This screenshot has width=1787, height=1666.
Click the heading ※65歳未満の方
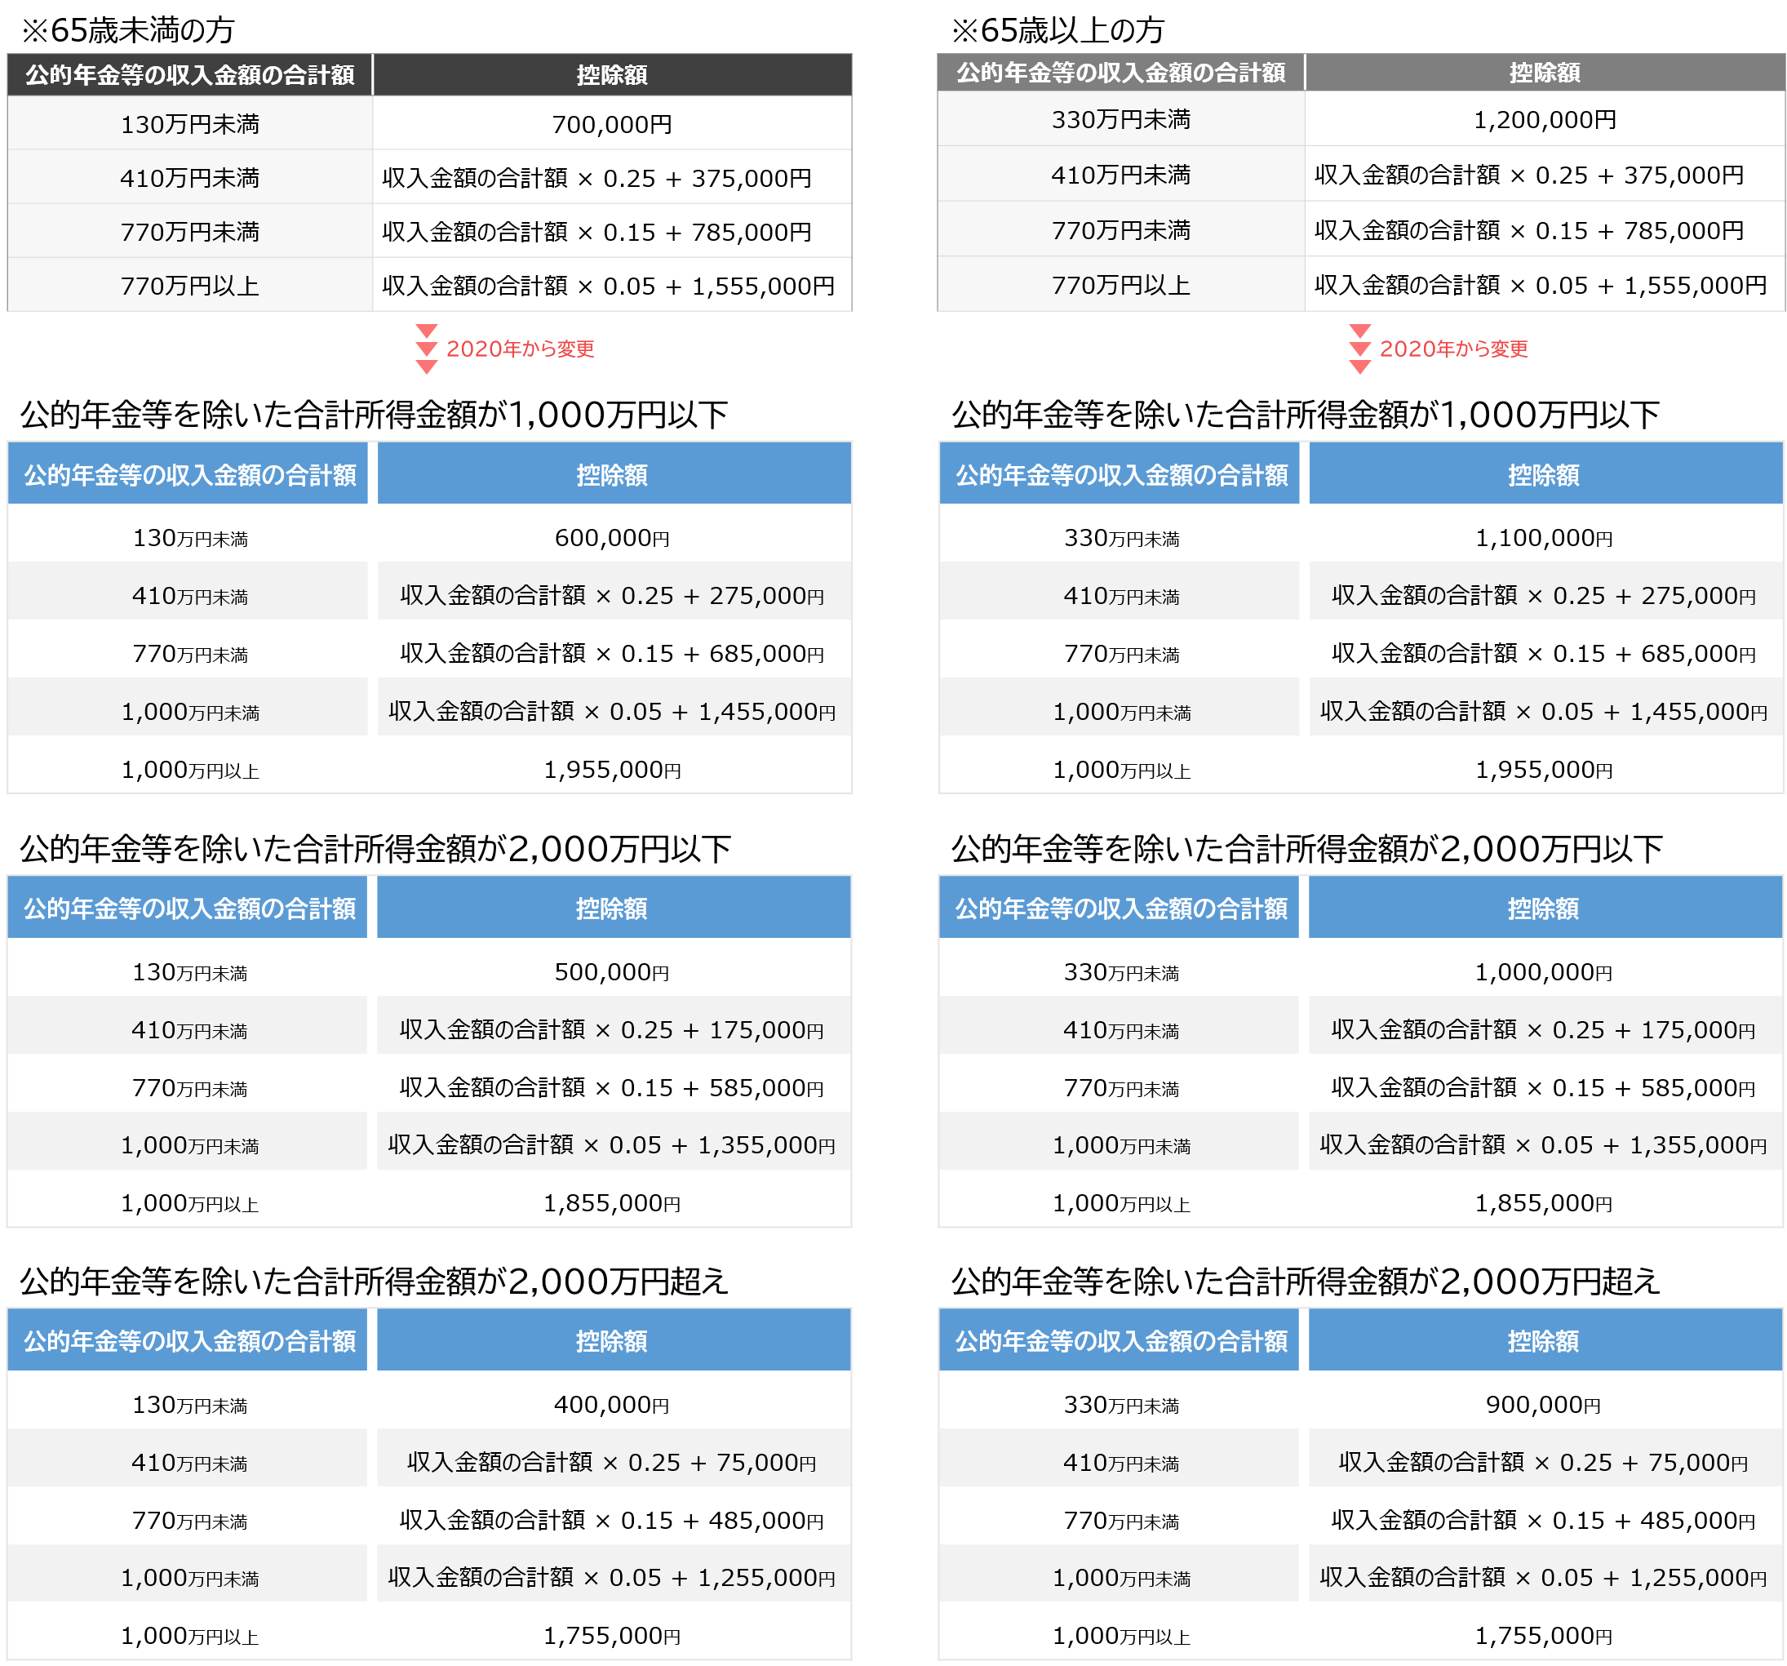coord(127,29)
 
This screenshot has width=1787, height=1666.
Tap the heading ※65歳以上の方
coord(1058,29)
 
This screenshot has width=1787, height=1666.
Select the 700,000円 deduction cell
coord(612,124)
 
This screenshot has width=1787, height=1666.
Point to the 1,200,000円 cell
coord(1545,119)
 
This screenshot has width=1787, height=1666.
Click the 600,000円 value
coord(612,538)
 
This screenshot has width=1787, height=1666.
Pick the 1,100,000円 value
coord(1543,538)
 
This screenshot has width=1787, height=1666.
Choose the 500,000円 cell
coord(612,972)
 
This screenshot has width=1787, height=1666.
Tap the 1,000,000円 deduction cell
coord(1543,972)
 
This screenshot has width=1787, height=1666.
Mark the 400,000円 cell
coord(612,1404)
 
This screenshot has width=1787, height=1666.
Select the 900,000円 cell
coord(1543,1404)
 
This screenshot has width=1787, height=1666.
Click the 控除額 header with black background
coord(612,74)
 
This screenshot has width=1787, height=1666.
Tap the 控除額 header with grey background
coord(1545,72)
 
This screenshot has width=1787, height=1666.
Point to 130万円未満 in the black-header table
coord(189,124)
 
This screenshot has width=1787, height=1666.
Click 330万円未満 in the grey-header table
coord(1121,119)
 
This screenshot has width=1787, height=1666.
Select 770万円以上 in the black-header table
coord(189,286)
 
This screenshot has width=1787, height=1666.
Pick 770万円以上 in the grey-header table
coord(1121,285)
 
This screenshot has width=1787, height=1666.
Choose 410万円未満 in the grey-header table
coord(1121,175)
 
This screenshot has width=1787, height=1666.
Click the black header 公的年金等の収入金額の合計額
coord(189,74)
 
